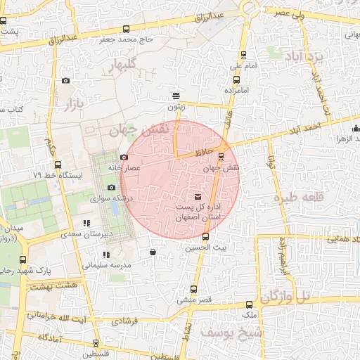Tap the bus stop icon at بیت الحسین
click(205, 236)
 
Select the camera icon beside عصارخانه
click(124, 157)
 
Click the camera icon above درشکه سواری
click(111, 187)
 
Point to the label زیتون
click(176, 108)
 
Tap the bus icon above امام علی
click(244, 54)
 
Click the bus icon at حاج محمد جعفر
click(126, 30)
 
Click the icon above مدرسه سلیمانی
click(105, 255)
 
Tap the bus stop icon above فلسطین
click(96, 343)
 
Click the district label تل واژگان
click(285, 297)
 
